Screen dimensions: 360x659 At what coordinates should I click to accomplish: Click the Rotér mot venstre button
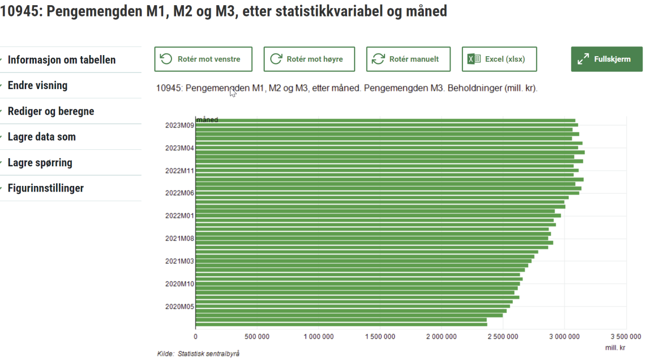point(203,59)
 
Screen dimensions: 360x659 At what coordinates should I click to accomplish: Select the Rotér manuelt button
point(408,59)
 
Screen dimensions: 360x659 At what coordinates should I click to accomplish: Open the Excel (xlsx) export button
point(499,59)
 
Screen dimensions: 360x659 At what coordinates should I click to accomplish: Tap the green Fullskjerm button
point(606,59)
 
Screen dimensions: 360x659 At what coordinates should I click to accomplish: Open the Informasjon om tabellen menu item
point(61,60)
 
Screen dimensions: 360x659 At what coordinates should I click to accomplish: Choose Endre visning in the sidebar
point(38,85)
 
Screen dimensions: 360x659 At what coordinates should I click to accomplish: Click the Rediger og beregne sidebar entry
point(50,111)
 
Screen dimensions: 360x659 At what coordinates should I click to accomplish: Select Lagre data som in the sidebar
point(42,137)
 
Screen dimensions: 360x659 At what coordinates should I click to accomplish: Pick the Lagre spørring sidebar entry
point(40,163)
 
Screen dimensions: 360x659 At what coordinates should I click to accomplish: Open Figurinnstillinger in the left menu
point(45,188)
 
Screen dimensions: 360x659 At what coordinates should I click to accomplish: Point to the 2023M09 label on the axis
point(179,125)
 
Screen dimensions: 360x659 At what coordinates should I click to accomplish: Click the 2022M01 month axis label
point(179,216)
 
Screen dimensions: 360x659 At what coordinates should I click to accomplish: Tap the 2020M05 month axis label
point(179,306)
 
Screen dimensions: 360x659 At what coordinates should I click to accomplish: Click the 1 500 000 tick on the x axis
point(380,337)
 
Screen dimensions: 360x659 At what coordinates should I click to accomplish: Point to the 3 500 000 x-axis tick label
point(626,337)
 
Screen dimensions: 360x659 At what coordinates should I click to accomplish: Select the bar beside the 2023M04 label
point(386,148)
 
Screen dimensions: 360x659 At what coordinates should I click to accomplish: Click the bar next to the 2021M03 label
point(360,261)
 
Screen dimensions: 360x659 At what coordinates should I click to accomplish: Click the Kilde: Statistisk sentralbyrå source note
point(198,354)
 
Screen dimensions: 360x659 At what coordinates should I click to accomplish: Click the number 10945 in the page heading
point(20,11)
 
